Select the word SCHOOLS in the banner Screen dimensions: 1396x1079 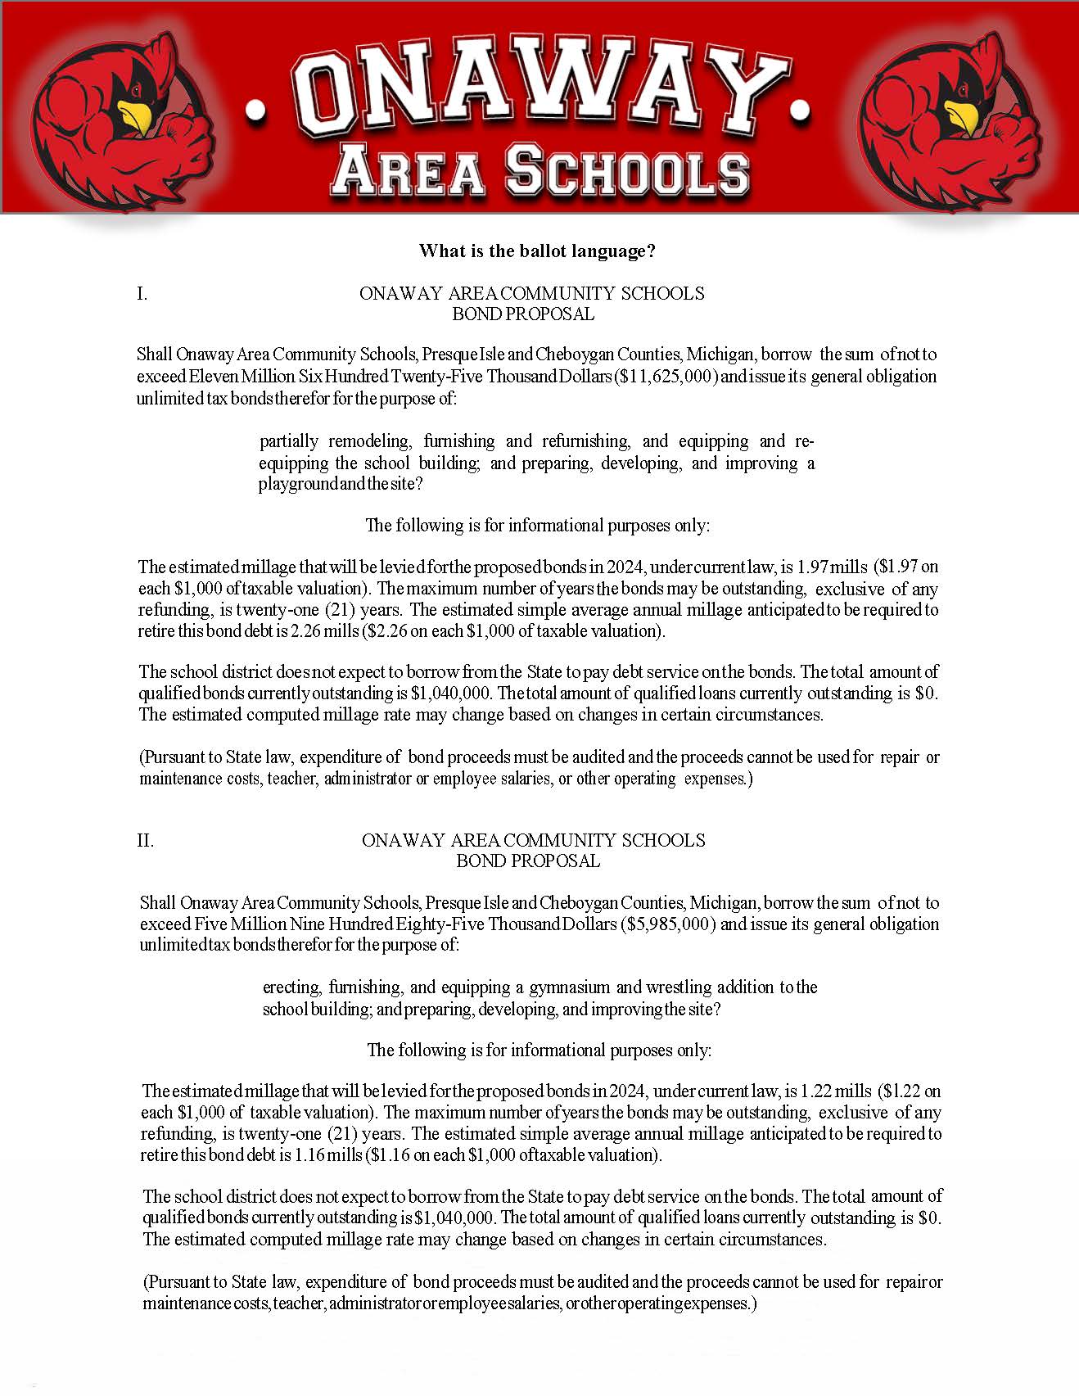coord(626,172)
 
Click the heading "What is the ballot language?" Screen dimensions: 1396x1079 coord(537,251)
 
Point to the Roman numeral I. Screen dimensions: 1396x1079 coord(142,293)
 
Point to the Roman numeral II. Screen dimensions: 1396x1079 coord(146,840)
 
